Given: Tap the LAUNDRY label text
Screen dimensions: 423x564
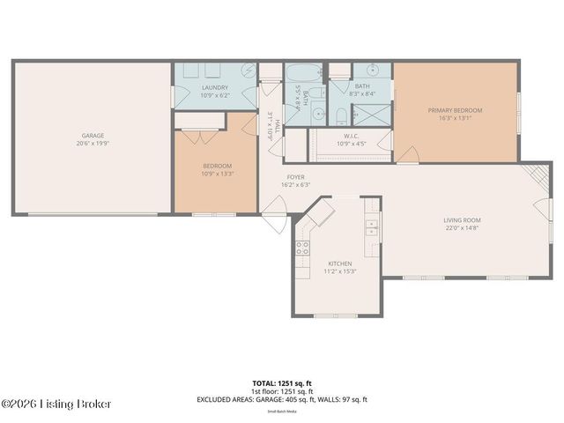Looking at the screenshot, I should pos(215,87).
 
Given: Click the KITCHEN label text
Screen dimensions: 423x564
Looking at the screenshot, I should pos(340,263).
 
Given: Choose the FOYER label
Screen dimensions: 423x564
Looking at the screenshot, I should pos(295,177).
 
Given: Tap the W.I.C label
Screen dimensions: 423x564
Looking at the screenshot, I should pos(350,136).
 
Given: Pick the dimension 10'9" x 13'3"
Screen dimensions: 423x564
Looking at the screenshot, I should pos(217,174).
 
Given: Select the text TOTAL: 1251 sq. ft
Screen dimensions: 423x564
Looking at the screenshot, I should pos(281,383).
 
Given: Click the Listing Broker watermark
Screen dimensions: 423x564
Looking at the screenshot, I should pos(56,404).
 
